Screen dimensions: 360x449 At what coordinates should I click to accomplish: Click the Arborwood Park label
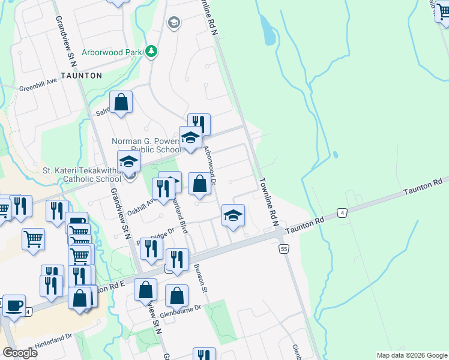pos(112,52)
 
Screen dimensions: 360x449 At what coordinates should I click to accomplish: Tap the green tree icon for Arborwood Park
pos(152,52)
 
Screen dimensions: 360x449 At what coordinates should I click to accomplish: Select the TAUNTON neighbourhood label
pos(81,76)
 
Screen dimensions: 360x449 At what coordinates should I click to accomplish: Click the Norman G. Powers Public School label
pos(147,146)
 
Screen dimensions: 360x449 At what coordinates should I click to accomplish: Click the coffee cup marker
pos(14,305)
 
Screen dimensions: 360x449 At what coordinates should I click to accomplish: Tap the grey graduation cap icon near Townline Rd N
pos(174,23)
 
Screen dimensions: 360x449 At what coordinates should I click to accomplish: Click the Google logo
pos(20,352)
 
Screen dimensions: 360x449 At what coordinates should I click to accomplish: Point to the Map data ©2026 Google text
pos(412,355)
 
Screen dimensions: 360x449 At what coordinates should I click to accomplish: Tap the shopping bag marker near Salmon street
pos(121,102)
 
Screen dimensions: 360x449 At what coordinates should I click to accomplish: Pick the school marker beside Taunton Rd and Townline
pos(233,216)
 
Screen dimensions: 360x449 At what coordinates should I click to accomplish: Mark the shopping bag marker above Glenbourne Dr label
pos(176,295)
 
